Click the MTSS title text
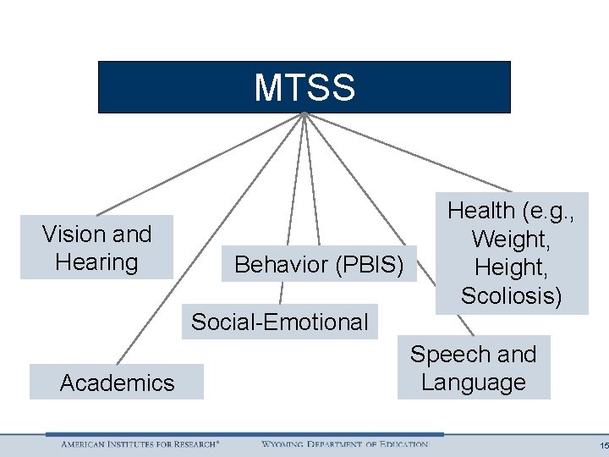[x=304, y=87]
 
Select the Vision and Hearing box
[x=96, y=247]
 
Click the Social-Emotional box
[x=279, y=322]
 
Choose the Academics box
[x=117, y=383]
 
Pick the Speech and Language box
[x=473, y=368]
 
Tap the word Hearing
[x=96, y=262]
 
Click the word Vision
[x=71, y=234]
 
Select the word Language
[x=473, y=383]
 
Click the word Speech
[x=449, y=354]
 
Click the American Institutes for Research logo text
[x=140, y=444]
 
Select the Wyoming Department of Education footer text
[x=344, y=444]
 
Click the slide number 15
[x=601, y=445]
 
